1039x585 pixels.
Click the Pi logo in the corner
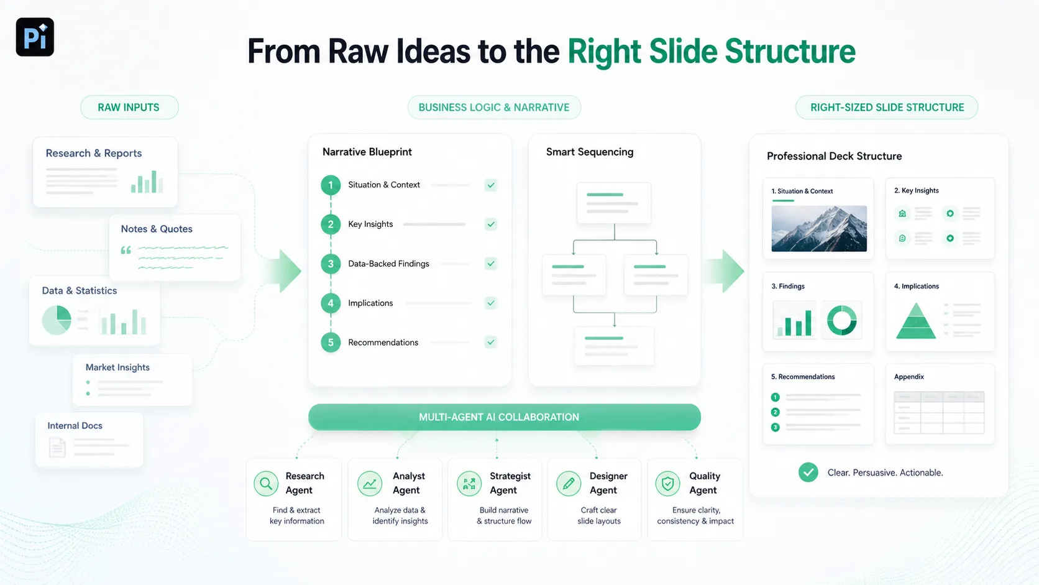coord(35,37)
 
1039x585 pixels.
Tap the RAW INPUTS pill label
coord(129,107)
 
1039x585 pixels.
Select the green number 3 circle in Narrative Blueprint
coord(331,264)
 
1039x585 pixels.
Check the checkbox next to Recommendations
coord(491,343)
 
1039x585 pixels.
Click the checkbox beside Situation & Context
coord(491,185)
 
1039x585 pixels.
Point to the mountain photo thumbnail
coord(819,229)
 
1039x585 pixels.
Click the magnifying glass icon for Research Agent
coord(266,484)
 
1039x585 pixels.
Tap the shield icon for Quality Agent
coord(668,484)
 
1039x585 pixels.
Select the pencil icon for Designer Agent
coord(569,484)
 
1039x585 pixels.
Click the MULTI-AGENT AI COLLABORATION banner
coord(504,417)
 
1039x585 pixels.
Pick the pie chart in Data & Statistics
coord(57,320)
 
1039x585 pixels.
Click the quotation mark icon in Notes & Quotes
coord(126,251)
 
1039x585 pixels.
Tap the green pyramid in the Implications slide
coord(915,321)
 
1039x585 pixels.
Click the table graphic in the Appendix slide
coord(940,412)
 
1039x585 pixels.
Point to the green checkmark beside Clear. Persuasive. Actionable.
coord(808,472)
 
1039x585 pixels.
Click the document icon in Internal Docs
coord(57,448)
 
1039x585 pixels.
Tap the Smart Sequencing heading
coord(590,152)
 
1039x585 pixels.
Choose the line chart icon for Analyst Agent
coord(370,484)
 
